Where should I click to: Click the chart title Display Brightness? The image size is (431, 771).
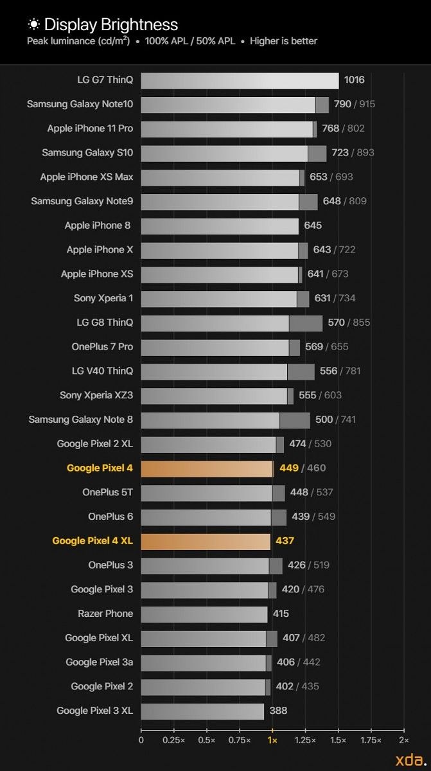pos(111,25)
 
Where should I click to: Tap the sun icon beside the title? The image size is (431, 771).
pos(33,24)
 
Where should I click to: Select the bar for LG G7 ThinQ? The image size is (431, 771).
pos(240,80)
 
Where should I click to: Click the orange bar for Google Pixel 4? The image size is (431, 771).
pos(207,468)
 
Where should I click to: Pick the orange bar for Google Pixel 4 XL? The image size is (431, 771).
pos(206,541)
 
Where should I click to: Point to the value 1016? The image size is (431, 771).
pos(354,80)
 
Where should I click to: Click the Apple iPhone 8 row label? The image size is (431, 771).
pos(98,226)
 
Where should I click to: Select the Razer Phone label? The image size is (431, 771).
pos(105,614)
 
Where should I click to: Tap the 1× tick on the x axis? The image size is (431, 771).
pos(272,740)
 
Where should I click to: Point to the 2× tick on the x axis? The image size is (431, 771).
pos(403,740)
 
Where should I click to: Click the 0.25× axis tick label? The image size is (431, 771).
pos(174,740)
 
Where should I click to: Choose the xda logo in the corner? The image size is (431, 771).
pos(409,758)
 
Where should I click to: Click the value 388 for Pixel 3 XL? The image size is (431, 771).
pos(278,711)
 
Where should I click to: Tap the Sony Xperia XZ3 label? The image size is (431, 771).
pos(96,395)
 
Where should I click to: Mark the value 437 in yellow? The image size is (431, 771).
pos(285,541)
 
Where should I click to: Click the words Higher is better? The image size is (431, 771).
pos(283,41)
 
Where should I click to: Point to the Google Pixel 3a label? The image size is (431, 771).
pos(100,662)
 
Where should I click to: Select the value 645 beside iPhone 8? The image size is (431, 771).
pos(313,226)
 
